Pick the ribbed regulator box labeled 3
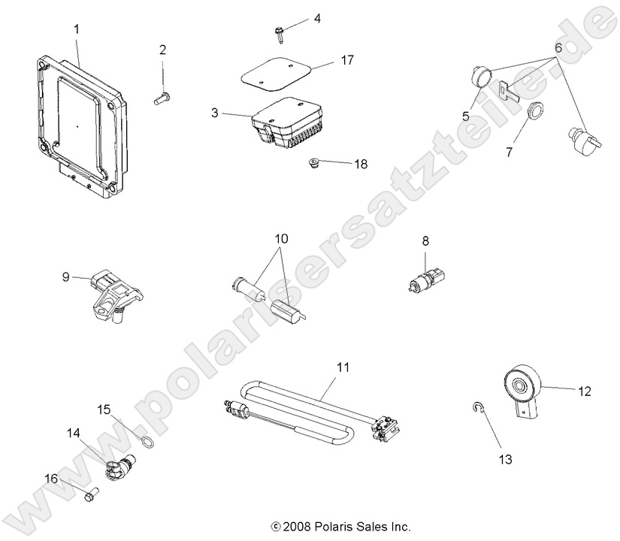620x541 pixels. click(286, 124)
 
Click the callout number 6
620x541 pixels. click(558, 47)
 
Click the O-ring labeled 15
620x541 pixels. click(150, 442)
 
